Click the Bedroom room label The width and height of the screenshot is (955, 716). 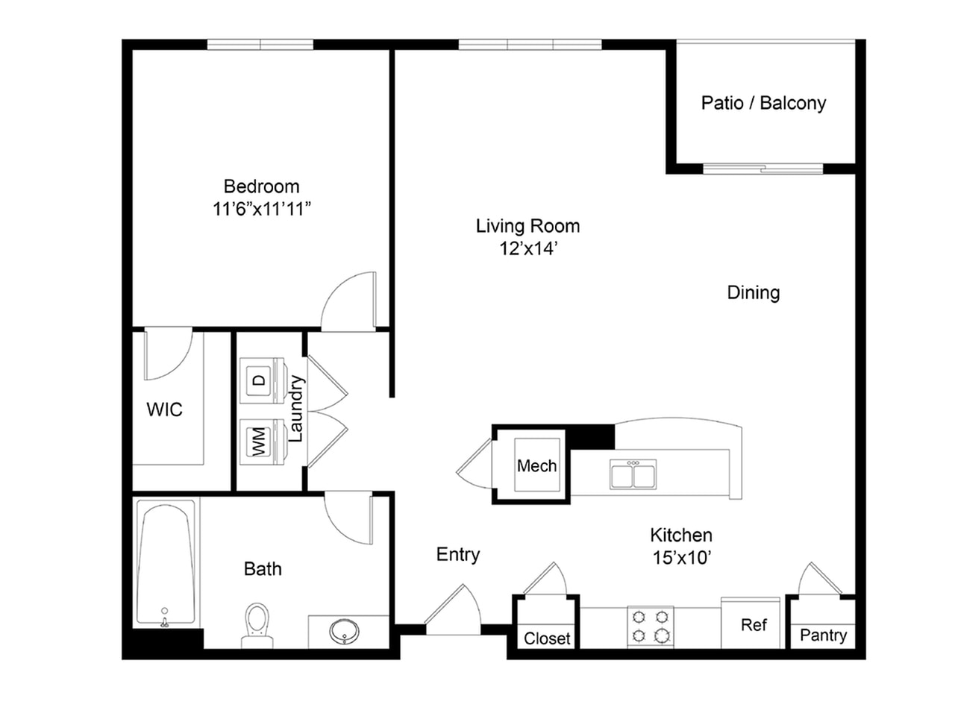(x=261, y=186)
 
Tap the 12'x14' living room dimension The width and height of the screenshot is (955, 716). (x=528, y=248)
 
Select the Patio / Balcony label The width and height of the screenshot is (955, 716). (x=763, y=104)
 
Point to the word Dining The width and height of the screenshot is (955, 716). (x=754, y=293)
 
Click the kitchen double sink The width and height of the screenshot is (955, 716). (x=633, y=474)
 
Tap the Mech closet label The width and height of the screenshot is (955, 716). (x=537, y=466)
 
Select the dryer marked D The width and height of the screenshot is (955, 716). (x=262, y=380)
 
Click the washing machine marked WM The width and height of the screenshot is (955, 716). (x=262, y=442)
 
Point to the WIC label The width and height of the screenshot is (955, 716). (x=164, y=409)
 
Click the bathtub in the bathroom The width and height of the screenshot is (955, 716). (x=166, y=563)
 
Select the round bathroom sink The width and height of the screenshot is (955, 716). (x=344, y=631)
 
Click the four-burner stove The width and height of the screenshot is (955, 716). (x=651, y=626)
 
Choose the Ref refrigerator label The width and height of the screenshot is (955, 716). (x=754, y=625)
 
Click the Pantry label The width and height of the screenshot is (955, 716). (x=823, y=635)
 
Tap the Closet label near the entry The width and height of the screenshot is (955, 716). (x=547, y=638)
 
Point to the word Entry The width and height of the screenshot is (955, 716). (x=458, y=555)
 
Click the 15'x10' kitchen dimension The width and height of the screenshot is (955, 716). (x=681, y=558)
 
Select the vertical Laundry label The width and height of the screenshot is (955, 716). (x=296, y=409)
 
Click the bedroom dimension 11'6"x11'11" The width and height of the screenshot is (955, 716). (x=261, y=209)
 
